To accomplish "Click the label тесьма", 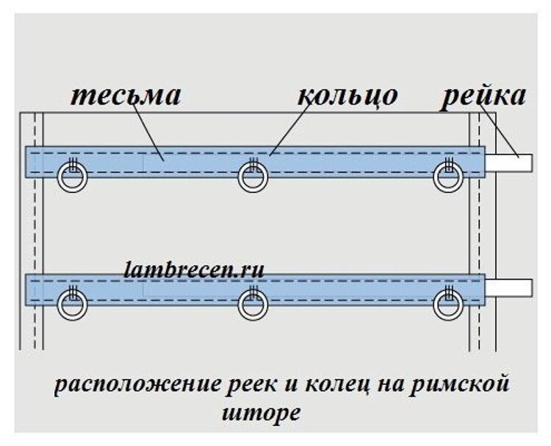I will pos(127,96).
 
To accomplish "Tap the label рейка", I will pos(483,96).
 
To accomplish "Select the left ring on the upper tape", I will pos(73,177).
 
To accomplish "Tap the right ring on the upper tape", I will pos(447,177).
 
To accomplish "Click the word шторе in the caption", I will pos(261,412).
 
